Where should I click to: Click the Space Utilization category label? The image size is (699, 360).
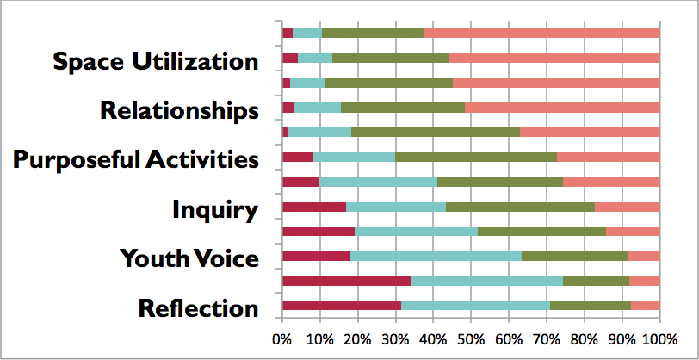(x=155, y=62)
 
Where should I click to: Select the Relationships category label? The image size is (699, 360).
(x=179, y=111)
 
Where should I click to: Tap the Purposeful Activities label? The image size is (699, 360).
(x=136, y=160)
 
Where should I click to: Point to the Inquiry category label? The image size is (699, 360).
(x=215, y=209)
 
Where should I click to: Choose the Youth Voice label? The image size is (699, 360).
(x=189, y=258)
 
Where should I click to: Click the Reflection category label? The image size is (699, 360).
(x=198, y=308)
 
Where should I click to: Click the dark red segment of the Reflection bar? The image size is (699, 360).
(x=342, y=305)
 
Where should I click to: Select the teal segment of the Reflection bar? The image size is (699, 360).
(x=475, y=305)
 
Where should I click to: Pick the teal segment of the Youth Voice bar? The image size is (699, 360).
(x=436, y=256)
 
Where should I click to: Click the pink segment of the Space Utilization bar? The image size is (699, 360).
(x=554, y=58)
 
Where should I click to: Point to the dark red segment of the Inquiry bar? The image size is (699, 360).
(x=314, y=207)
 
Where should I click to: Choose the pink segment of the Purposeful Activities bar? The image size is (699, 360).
(x=609, y=157)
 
